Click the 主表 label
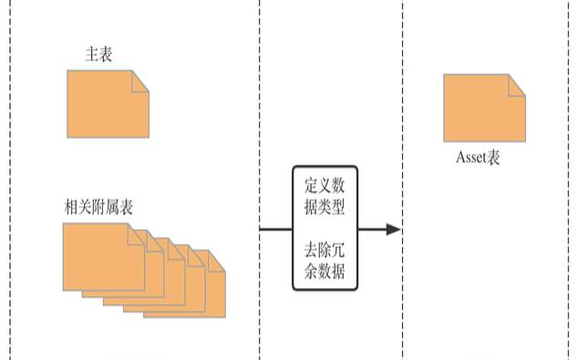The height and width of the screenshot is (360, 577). pyautogui.click(x=98, y=54)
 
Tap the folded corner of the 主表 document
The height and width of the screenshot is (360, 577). pyautogui.click(x=139, y=80)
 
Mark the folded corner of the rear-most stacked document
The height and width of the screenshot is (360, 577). pyautogui.click(x=217, y=262)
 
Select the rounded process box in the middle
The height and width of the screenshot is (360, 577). pyautogui.click(x=325, y=228)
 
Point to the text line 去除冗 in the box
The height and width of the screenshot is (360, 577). pyautogui.click(x=325, y=249)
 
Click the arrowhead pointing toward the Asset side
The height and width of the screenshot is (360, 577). pyautogui.click(x=393, y=229)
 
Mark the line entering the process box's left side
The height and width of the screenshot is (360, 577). pyautogui.click(x=275, y=229)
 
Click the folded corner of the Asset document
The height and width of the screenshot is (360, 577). pyautogui.click(x=517, y=84)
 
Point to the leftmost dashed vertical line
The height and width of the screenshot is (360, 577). pyautogui.click(x=11, y=182)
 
